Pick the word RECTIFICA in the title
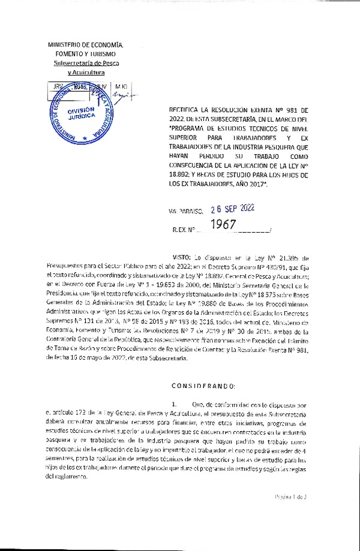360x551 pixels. [x=182, y=110]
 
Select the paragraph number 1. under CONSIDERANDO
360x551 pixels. [x=173, y=405]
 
